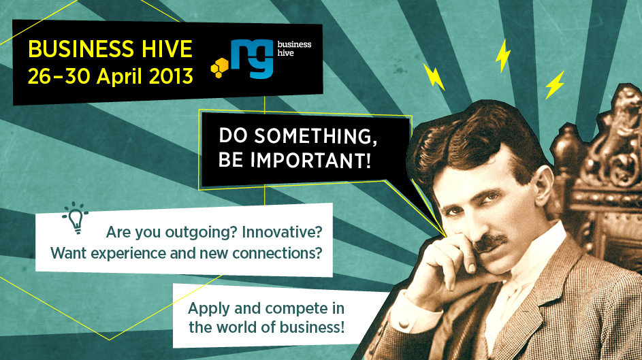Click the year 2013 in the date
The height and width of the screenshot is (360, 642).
[x=171, y=76]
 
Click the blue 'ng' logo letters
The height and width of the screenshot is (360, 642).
[x=252, y=59]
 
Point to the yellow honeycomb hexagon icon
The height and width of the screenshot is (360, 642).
[x=219, y=68]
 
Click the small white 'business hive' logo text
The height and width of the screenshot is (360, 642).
[x=294, y=48]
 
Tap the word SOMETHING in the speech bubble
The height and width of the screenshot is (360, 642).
[x=316, y=136]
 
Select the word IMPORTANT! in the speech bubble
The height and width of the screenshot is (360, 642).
[x=310, y=160]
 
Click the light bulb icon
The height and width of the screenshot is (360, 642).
[x=76, y=218]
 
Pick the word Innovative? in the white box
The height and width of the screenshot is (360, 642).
[x=282, y=232]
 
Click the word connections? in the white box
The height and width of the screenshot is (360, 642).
[x=277, y=253]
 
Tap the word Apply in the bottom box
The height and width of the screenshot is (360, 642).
[x=209, y=309]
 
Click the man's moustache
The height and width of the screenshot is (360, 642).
[x=491, y=242]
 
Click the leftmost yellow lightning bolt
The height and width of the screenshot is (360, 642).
[x=434, y=76]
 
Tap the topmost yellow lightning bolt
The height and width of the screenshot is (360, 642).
[x=503, y=56]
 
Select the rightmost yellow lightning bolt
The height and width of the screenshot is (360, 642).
[x=555, y=85]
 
